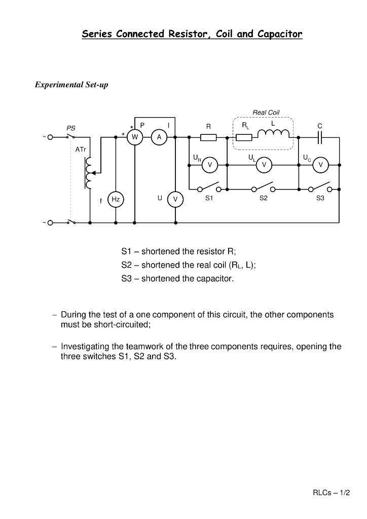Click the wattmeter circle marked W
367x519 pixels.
pos(135,137)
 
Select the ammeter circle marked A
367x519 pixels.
pos(159,137)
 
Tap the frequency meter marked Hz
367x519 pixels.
pos(116,200)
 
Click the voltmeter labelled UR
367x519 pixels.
pos(209,165)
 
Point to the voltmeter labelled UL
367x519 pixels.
pos(264,165)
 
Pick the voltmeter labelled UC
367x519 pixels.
pos(320,165)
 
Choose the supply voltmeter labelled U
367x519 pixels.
pos(175,200)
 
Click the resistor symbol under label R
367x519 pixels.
pos(208,137)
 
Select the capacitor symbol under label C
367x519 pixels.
pos(320,137)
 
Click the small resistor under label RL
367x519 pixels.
pos(244,137)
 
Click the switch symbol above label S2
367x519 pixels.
pos(264,187)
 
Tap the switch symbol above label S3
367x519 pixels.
pos(320,187)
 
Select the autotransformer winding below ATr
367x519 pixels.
pos(89,172)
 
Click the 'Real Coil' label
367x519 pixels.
pos(266,113)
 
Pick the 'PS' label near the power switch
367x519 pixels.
pos(71,129)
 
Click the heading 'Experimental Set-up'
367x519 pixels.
pos(71,85)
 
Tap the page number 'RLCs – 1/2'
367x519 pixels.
pos(331,493)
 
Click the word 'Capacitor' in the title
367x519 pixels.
pos(280,34)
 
